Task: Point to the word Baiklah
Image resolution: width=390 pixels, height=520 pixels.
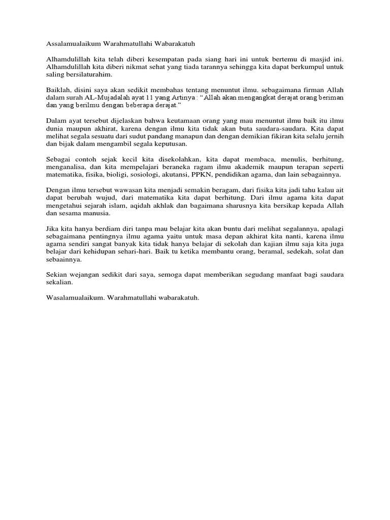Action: [58, 89]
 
